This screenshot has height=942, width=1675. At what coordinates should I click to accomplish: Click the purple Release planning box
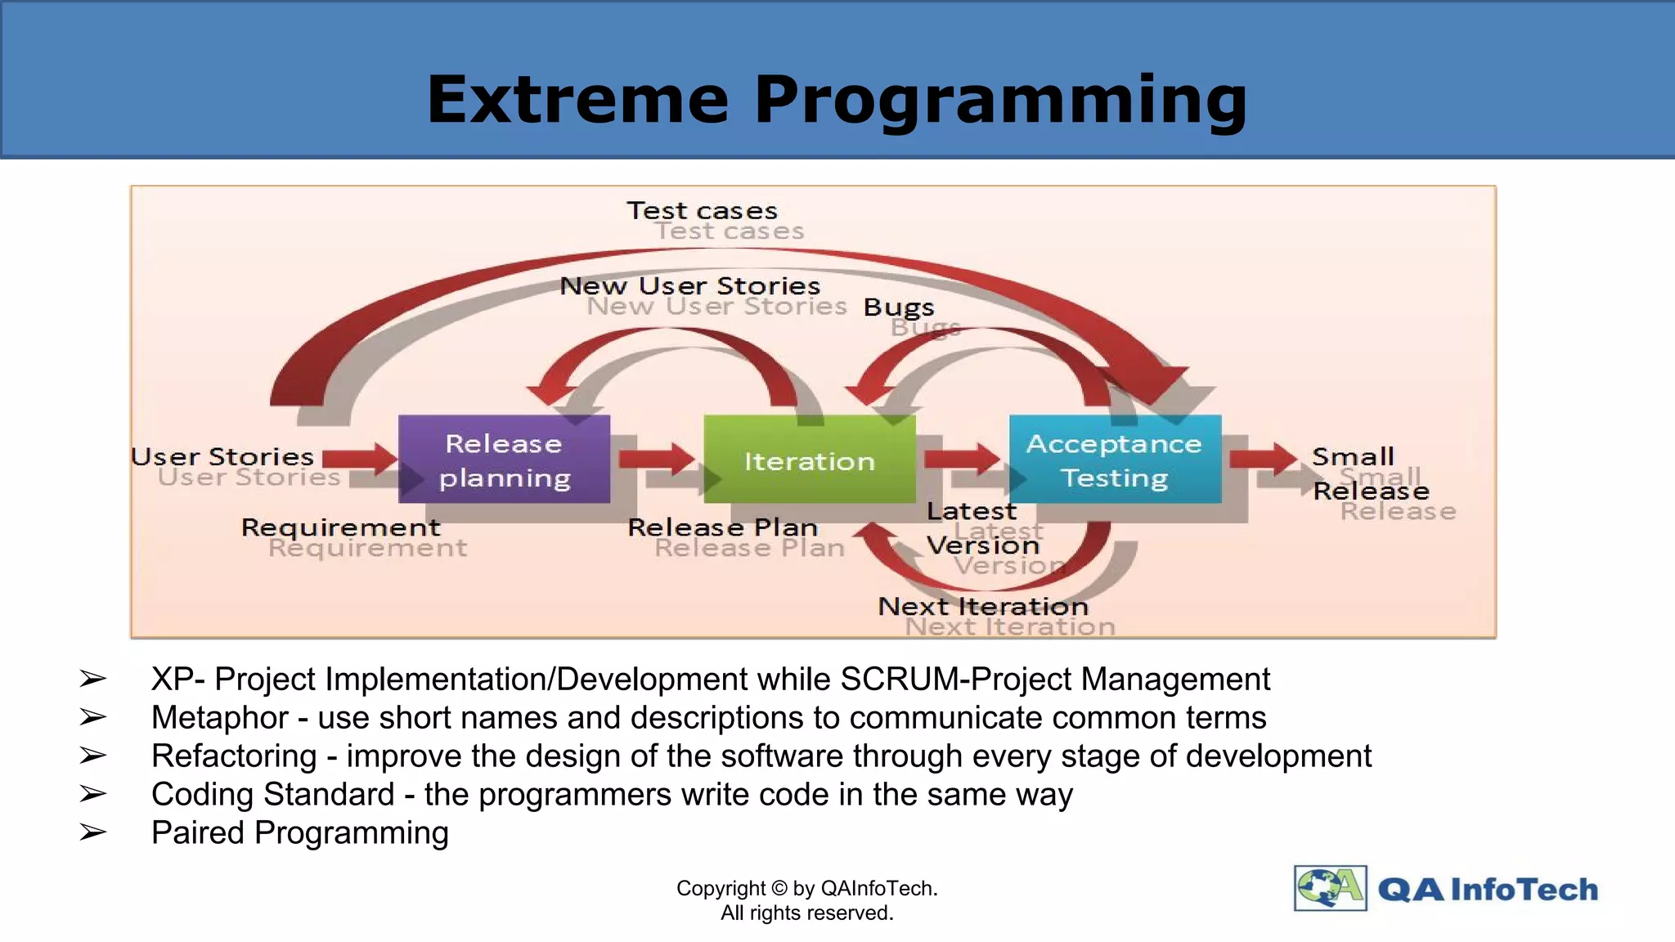(x=504, y=459)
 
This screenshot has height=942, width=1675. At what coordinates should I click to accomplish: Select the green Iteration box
(x=809, y=459)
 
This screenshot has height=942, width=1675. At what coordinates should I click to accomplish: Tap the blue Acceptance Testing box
(x=1115, y=459)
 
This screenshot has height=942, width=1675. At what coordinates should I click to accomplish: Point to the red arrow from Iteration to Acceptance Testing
(x=962, y=458)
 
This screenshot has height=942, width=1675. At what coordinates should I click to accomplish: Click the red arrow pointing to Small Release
(x=1264, y=458)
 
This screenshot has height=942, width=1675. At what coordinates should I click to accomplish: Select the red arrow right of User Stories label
(x=360, y=458)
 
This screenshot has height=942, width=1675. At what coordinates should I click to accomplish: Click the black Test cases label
(x=702, y=210)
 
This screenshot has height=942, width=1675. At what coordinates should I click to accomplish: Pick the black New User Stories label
(x=689, y=285)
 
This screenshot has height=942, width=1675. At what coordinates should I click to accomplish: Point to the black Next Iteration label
(x=983, y=606)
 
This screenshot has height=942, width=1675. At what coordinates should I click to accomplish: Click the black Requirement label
(x=340, y=527)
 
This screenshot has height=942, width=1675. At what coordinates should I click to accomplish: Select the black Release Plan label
(x=722, y=527)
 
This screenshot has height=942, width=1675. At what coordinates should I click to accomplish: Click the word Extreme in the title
(x=577, y=100)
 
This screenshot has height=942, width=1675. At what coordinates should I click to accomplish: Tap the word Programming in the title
(x=1000, y=100)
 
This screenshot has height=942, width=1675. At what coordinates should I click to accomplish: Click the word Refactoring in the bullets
(x=234, y=756)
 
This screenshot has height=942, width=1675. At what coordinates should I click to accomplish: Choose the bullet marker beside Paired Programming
(x=92, y=832)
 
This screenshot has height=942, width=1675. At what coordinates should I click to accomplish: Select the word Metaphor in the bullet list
(x=219, y=717)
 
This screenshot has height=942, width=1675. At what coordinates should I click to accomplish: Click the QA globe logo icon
(x=1330, y=888)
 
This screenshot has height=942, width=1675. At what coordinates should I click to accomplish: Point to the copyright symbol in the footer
(x=779, y=888)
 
